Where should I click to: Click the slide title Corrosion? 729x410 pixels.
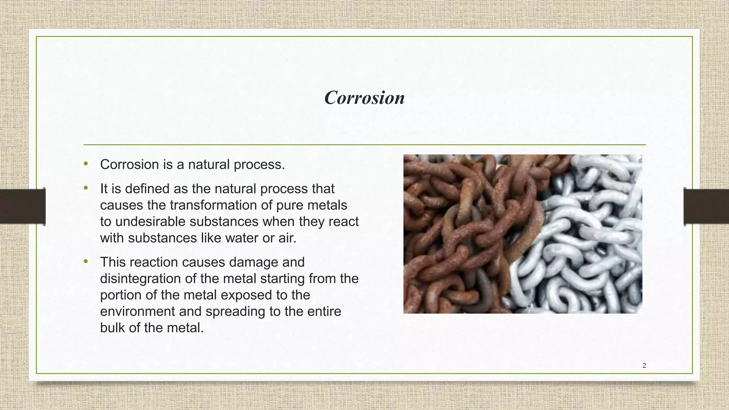pyautogui.click(x=364, y=98)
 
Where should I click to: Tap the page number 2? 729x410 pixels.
pyautogui.click(x=644, y=366)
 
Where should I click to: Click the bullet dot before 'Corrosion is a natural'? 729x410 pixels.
pyautogui.click(x=85, y=164)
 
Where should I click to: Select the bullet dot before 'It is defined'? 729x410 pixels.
pyautogui.click(x=85, y=188)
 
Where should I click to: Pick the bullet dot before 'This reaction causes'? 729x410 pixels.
pyautogui.click(x=85, y=261)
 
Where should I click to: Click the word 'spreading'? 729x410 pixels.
pyautogui.click(x=235, y=311)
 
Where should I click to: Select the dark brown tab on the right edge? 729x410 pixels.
pyautogui.click(x=707, y=206)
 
